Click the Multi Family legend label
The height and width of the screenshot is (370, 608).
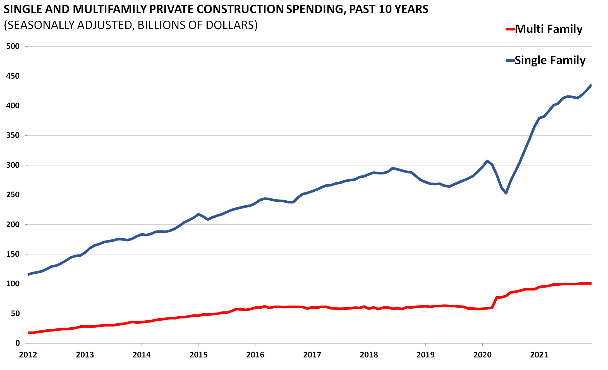tap(549, 29)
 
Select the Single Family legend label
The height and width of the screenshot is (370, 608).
tap(550, 60)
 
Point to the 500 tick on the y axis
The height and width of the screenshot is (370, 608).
tap(13, 46)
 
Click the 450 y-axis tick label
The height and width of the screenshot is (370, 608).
tap(13, 76)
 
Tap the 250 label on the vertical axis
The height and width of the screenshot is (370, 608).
tap(13, 195)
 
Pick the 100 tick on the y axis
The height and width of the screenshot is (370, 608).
tap(13, 284)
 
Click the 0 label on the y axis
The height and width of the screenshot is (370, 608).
tap(17, 343)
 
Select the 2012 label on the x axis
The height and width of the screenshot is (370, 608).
tap(28, 355)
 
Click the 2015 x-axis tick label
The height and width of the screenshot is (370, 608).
tap(198, 355)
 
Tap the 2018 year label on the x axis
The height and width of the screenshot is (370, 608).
tap(369, 355)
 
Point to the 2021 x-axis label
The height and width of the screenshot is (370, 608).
tap(539, 355)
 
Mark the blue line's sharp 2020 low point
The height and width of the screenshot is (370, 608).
tap(506, 193)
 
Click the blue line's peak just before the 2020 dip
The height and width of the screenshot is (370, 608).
tap(487, 161)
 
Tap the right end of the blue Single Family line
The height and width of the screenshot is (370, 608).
tap(591, 85)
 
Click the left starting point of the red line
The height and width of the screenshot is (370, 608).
tap(28, 333)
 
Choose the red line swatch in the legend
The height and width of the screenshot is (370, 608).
tap(510, 29)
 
